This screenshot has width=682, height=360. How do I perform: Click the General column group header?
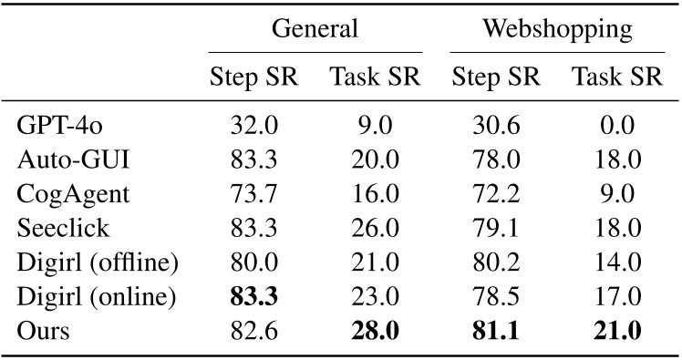pos(315,28)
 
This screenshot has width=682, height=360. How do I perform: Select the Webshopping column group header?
pos(557,28)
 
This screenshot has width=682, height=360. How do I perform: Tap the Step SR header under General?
pos(253,77)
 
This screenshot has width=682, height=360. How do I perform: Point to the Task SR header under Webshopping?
pos(617,77)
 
